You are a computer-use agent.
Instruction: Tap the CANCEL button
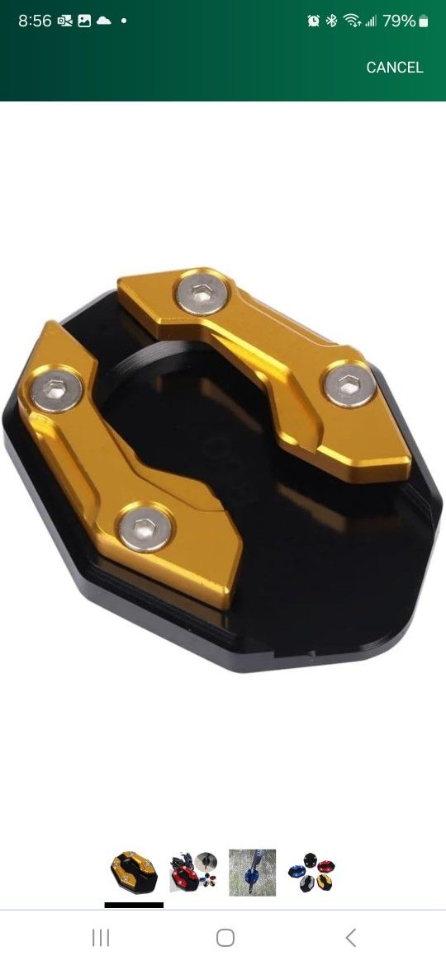point(395,67)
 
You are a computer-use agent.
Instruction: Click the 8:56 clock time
point(35,21)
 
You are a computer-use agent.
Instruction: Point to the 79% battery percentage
point(399,21)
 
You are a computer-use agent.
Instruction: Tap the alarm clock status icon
point(314,21)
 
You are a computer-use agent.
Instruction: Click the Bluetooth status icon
point(331,21)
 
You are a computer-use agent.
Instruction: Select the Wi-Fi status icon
point(352,21)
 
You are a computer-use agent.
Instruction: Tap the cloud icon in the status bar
point(103,21)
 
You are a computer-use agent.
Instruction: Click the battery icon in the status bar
point(423,21)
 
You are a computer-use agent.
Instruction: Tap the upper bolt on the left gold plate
point(57,388)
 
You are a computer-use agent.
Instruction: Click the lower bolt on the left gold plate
point(145,527)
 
